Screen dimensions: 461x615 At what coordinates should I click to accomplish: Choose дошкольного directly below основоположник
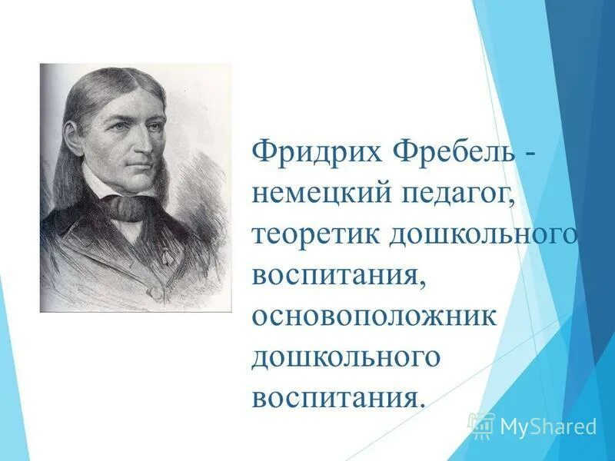click(x=346, y=359)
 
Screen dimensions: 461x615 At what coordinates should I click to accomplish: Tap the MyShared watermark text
click(x=548, y=426)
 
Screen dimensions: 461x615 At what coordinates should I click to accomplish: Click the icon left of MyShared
click(x=481, y=425)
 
